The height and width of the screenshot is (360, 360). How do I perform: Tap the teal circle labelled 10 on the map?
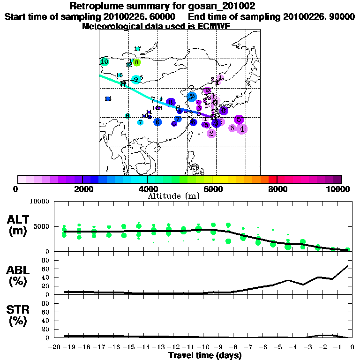105,61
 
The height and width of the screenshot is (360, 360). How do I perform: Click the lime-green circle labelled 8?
136,62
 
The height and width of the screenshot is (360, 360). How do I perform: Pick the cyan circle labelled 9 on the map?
136,80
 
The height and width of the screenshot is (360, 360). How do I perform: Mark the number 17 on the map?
137,49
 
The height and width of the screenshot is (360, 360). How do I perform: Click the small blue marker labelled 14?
108,98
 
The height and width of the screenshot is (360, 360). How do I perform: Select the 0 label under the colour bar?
16,189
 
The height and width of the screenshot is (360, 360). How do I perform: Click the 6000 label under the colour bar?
212,189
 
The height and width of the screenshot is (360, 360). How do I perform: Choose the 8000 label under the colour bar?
277,189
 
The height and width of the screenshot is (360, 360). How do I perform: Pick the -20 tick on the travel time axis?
55,347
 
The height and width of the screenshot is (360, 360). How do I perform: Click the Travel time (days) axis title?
205,355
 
